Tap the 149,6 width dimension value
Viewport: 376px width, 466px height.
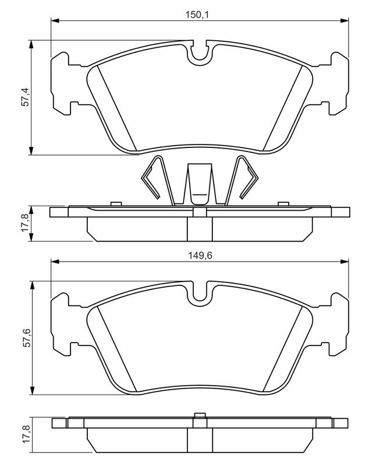[x=198, y=254]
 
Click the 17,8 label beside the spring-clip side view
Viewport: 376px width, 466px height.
[x=25, y=223]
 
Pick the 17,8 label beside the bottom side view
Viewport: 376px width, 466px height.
[x=25, y=436]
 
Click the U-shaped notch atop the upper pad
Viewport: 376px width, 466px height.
[x=200, y=54]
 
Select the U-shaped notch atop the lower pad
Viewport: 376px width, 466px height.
[x=200, y=294]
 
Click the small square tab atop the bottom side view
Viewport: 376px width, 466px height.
[x=200, y=416]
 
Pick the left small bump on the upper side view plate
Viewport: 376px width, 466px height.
[x=115, y=203]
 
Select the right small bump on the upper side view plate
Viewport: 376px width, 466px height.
[x=283, y=203]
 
